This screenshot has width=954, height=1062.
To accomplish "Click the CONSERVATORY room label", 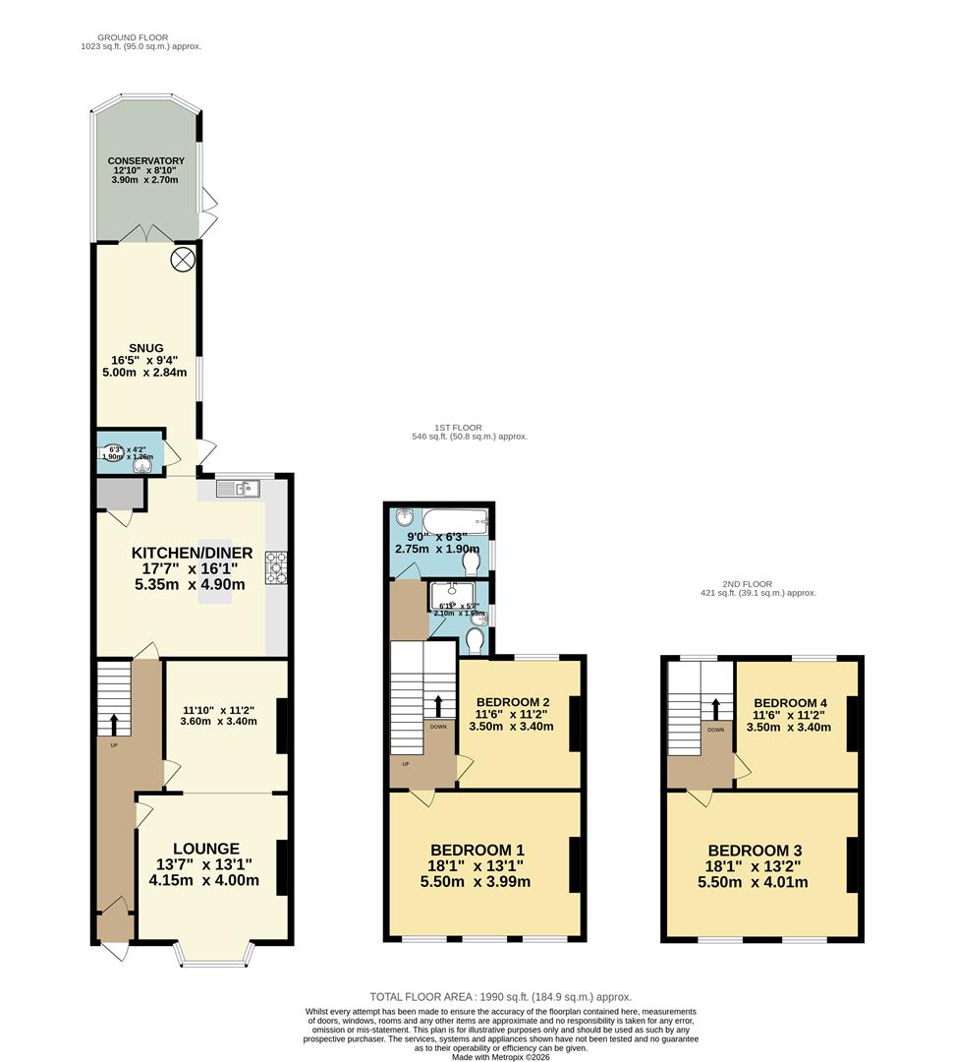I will pyautogui.click(x=146, y=160).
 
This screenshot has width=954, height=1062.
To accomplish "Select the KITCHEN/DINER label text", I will pyautogui.click(x=193, y=554).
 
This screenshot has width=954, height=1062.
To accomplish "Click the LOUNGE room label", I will pyautogui.click(x=206, y=849).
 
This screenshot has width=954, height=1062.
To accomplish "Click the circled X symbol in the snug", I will pyautogui.click(x=183, y=259).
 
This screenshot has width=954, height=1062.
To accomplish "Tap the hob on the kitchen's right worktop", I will pyautogui.click(x=275, y=567).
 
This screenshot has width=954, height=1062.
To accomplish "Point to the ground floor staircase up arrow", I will pyautogui.click(x=113, y=725).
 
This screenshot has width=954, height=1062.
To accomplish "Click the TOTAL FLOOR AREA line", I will pyautogui.click(x=500, y=997).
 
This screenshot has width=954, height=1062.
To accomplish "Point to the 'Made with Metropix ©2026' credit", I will pyautogui.click(x=500, y=1057).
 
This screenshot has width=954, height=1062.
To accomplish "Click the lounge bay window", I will pyautogui.click(x=213, y=955).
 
